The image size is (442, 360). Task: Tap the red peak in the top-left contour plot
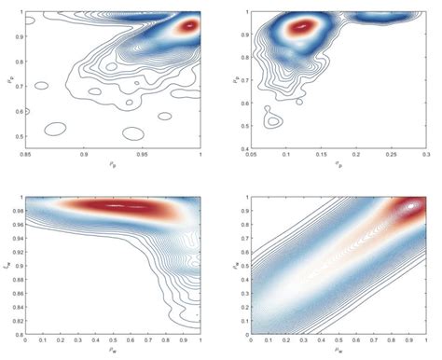click(189, 26)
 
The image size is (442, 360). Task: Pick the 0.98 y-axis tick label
click(18, 210)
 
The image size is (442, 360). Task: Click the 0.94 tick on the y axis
click(18, 237)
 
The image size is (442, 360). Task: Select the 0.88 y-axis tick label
click(18, 278)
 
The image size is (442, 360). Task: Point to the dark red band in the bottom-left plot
click(117, 205)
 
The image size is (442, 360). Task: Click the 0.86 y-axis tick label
click(18, 291)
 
